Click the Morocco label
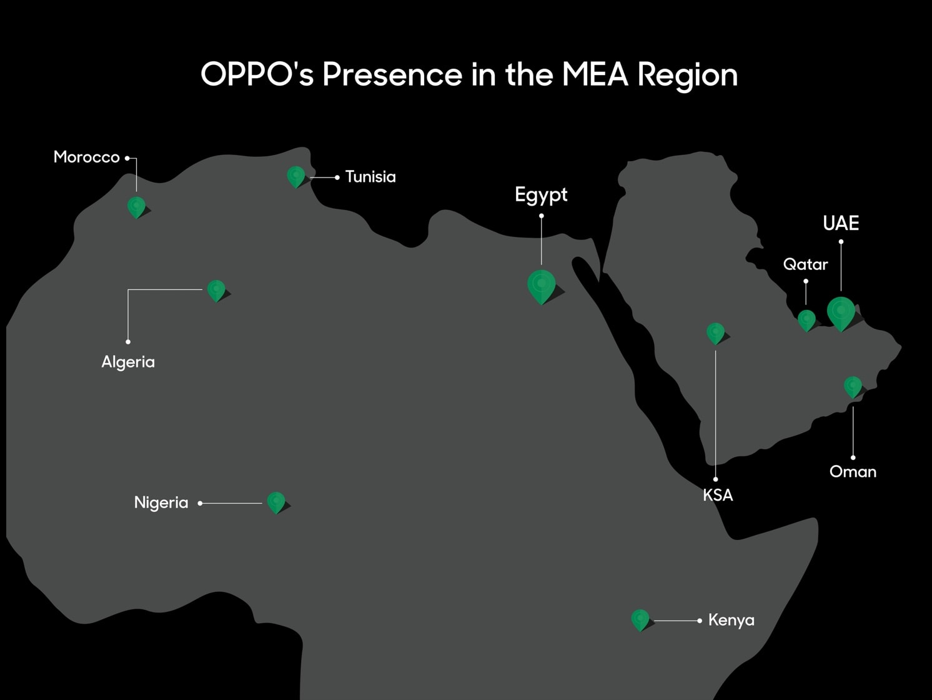point(86,157)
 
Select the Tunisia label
point(370,177)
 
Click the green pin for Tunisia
point(295,176)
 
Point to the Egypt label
point(541,195)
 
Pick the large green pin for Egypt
point(541,286)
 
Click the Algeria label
point(128,362)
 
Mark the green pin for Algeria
point(216,290)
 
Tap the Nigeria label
point(161,502)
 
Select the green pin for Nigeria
point(275,502)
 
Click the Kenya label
point(731,620)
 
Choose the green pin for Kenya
point(640,619)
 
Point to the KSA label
point(718,495)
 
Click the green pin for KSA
point(715,332)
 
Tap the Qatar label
point(805,264)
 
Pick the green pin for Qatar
point(806,320)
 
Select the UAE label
point(841,223)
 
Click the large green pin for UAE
point(841,312)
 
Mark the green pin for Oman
point(853,386)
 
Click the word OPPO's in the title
point(257,74)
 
